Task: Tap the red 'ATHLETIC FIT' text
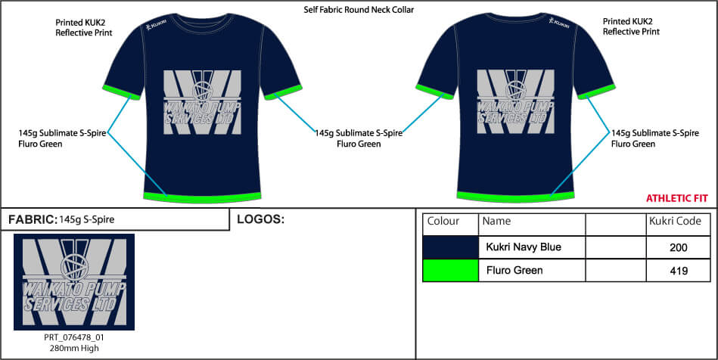click(x=676, y=198)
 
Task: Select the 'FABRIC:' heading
click(x=32, y=220)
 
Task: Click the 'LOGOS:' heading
click(x=260, y=220)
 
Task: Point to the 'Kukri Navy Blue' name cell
click(x=524, y=247)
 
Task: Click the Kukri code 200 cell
click(x=678, y=247)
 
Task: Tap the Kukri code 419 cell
click(x=678, y=270)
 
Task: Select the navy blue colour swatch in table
click(x=450, y=247)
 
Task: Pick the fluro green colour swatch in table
click(x=450, y=270)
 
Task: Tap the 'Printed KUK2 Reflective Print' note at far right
click(x=631, y=27)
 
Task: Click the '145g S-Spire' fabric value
click(x=87, y=220)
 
